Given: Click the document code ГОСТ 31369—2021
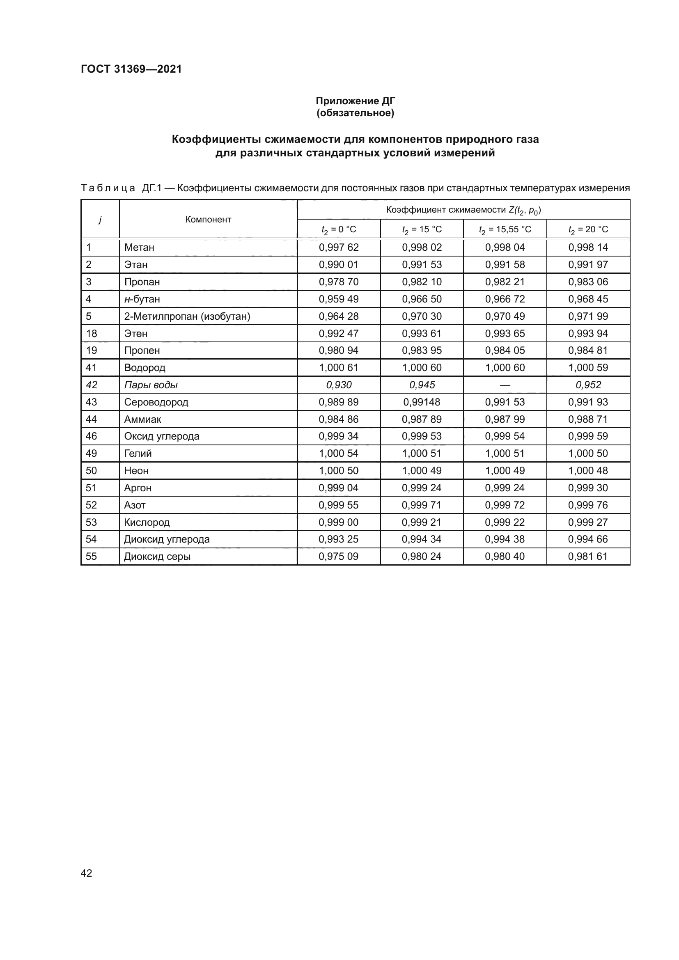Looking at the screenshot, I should pyautogui.click(x=131, y=69).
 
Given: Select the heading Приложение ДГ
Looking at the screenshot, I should pyautogui.click(x=355, y=101).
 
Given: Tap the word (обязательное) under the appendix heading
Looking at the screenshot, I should pyautogui.click(x=355, y=113).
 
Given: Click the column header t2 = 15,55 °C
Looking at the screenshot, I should pyautogui.click(x=505, y=229).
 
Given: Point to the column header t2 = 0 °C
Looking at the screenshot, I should pyautogui.click(x=338, y=229).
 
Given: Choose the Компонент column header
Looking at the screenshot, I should pyautogui.click(x=208, y=220).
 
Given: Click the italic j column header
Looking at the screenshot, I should pyautogui.click(x=100, y=220).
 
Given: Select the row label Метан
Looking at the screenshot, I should pyautogui.click(x=139, y=247).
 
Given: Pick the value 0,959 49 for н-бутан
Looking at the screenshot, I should pyautogui.click(x=338, y=299).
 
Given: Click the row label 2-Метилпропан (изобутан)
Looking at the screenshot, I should pyautogui.click(x=187, y=316).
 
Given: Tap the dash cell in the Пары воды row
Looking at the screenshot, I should pyautogui.click(x=505, y=385).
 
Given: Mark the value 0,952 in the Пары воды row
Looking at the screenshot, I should pyautogui.click(x=588, y=385).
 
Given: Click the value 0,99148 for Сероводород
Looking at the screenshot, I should pyautogui.click(x=422, y=402).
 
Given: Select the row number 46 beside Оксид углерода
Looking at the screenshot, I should pyautogui.click(x=91, y=436).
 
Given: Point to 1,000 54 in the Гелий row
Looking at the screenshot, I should pyautogui.click(x=338, y=453).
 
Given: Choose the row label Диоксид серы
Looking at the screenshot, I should pyautogui.click(x=157, y=556).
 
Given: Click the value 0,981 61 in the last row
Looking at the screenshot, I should pyautogui.click(x=588, y=556).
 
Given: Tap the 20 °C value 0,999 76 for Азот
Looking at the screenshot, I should pyautogui.click(x=588, y=505).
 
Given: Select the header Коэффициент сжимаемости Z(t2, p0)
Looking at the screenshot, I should pyautogui.click(x=463, y=210).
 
